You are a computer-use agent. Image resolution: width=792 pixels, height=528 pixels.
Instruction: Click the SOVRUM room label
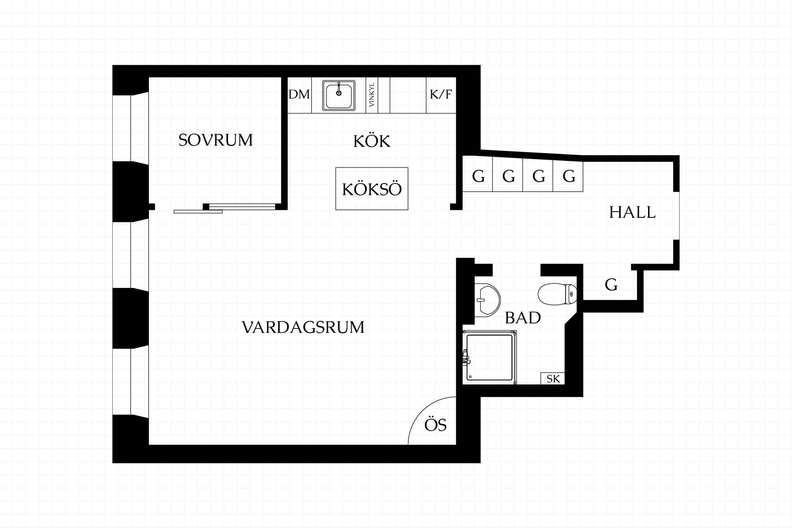point(215,140)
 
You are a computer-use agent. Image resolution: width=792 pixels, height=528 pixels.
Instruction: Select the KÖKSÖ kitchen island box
point(372,189)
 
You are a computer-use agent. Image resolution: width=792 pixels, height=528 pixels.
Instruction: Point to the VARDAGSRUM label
point(303,327)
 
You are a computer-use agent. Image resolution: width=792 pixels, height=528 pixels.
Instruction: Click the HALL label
point(632,212)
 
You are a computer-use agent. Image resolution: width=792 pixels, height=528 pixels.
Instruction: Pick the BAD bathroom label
point(523,318)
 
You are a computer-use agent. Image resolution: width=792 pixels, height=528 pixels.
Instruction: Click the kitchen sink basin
point(339,95)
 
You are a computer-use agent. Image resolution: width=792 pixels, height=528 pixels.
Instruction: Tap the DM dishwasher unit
point(299,95)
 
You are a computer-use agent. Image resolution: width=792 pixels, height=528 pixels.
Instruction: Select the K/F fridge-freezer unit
point(441,95)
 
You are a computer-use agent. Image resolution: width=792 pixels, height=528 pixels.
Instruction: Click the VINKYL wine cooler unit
point(372,95)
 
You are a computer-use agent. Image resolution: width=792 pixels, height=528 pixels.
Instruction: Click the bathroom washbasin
point(487,300)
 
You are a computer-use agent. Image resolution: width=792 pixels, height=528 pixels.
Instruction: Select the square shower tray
point(490,358)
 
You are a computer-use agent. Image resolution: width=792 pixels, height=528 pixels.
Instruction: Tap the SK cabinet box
point(553,379)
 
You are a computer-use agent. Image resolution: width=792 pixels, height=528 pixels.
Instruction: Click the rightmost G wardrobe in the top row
point(568,176)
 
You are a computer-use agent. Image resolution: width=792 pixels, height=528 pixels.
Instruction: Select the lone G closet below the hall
point(611,285)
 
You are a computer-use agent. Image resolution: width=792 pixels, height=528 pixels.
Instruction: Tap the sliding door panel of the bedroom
point(198,212)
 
